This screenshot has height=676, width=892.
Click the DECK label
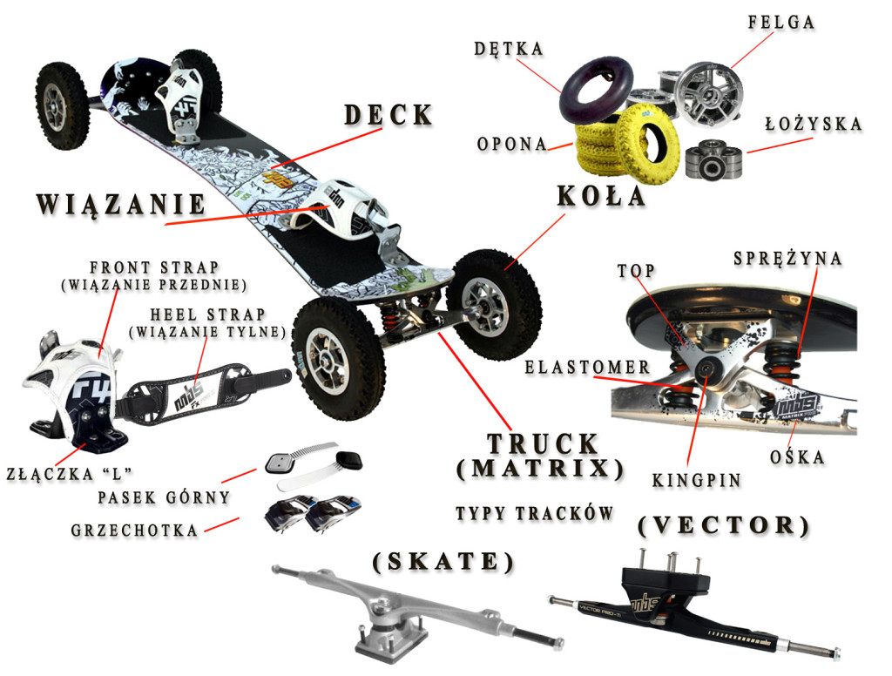pos(388,115)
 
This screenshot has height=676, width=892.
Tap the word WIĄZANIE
pos(121,205)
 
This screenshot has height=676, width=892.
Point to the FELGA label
pos(780,23)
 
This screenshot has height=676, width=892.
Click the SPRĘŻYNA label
pos(787,259)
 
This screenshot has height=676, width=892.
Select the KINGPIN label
pos(696,480)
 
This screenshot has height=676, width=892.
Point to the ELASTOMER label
pos(587,368)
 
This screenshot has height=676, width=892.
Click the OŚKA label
pos(799,456)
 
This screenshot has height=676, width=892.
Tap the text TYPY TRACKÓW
pos(535,513)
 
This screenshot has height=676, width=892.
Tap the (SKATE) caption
pos(443,561)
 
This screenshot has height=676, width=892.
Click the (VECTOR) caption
pos(724,525)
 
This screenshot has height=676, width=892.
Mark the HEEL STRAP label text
pos(207,314)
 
